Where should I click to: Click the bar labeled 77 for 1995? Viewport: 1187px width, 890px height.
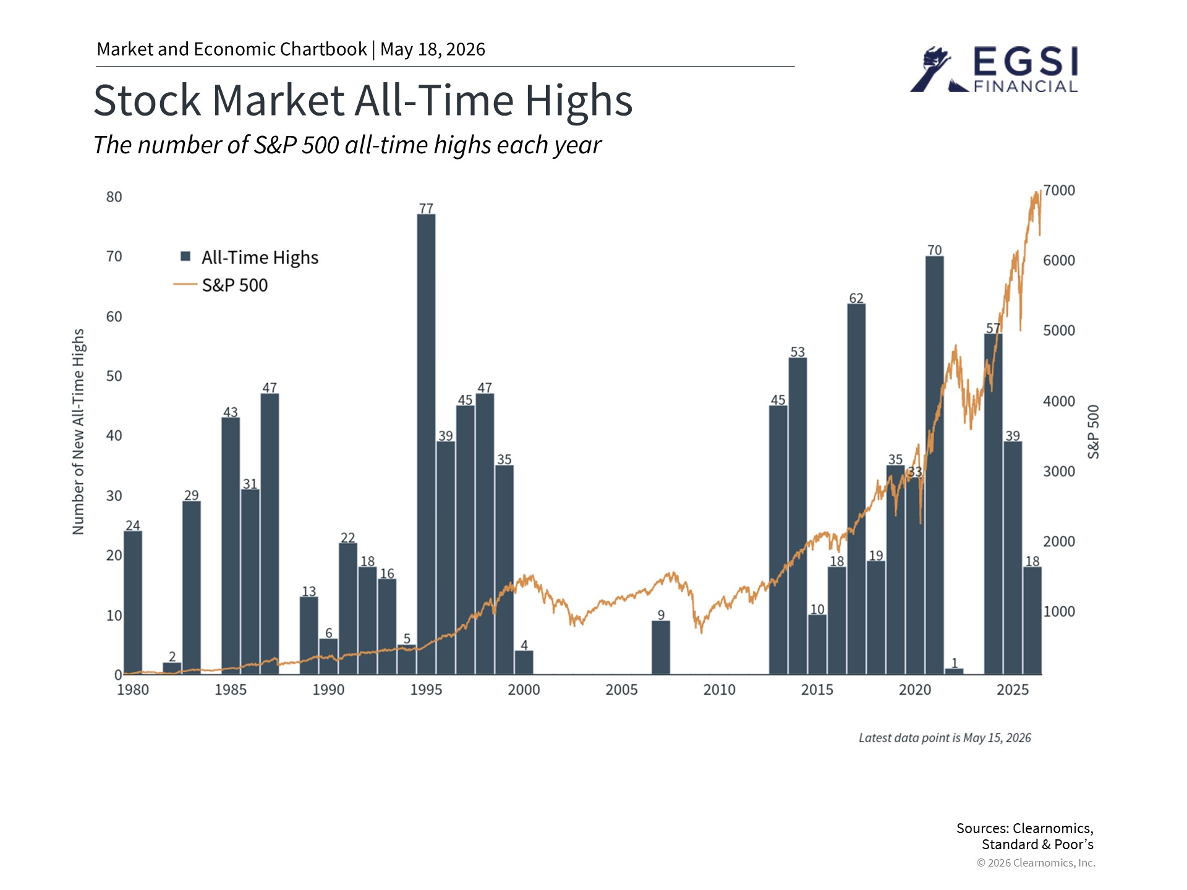[426, 444]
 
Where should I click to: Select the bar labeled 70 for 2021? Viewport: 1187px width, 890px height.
[935, 465]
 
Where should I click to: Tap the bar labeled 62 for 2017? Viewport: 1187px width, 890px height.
[856, 489]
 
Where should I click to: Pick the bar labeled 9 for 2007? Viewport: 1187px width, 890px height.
[661, 647]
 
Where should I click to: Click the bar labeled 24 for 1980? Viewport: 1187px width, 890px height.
[133, 603]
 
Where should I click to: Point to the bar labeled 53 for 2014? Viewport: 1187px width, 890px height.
[798, 516]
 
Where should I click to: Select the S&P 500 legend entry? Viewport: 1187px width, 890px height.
[221, 285]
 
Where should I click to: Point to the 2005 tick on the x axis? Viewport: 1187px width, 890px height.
[621, 690]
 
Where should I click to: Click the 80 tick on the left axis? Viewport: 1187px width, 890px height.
[114, 197]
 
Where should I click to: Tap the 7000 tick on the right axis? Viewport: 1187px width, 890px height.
[1059, 190]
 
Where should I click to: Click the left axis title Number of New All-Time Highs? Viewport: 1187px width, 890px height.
[78, 431]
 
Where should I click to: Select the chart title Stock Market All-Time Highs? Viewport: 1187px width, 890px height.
[364, 100]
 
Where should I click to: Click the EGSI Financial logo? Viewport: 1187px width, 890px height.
[995, 70]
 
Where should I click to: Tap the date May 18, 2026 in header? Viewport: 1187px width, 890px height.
[433, 49]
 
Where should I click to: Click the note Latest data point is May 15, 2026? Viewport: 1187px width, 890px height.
[945, 738]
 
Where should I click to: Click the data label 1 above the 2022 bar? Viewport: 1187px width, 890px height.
[955, 663]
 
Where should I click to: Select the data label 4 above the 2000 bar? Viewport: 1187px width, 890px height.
[524, 645]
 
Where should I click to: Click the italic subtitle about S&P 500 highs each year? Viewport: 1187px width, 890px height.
[347, 145]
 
